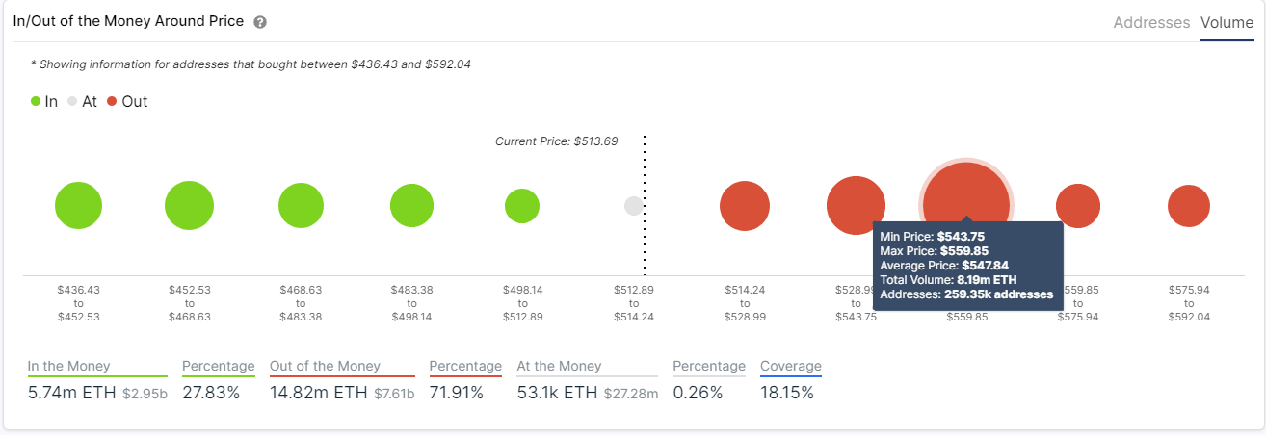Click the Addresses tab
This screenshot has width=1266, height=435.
(x=1151, y=22)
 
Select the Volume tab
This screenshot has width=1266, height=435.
(x=1226, y=22)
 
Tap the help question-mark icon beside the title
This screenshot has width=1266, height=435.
(x=260, y=22)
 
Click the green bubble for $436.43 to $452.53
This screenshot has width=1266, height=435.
(x=78, y=205)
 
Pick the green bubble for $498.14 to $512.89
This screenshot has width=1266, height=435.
(x=522, y=205)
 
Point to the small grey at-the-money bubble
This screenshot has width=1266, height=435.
(x=633, y=205)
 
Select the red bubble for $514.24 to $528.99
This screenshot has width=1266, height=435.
(x=745, y=205)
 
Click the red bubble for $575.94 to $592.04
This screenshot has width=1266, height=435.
(x=1188, y=205)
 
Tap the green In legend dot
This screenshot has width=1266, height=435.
(x=36, y=101)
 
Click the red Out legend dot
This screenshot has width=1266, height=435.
(x=112, y=101)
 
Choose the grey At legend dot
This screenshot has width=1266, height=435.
(x=72, y=101)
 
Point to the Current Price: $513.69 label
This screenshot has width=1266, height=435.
(x=556, y=141)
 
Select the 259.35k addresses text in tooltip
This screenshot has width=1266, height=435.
(x=998, y=294)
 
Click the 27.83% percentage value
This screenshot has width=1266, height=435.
(x=211, y=393)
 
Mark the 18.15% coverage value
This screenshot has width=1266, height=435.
(x=787, y=393)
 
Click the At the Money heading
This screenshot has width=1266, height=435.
(x=559, y=366)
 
